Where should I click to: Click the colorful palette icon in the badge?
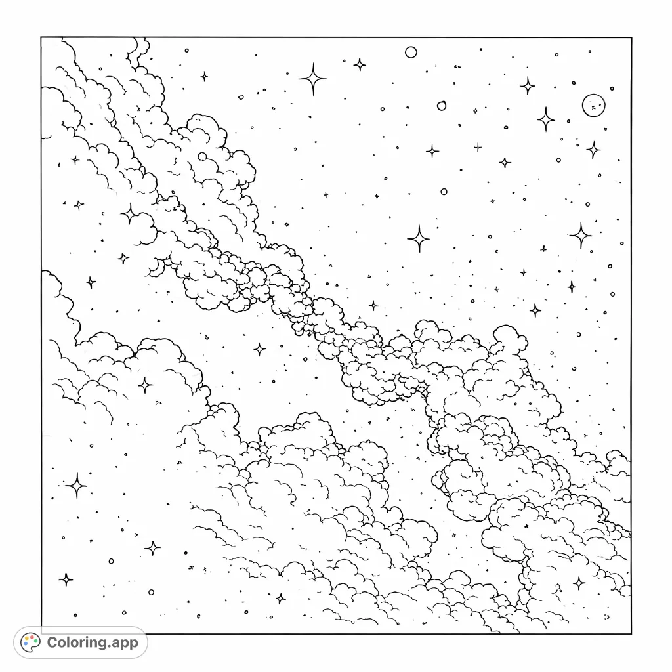click(x=31, y=642)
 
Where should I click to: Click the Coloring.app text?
click(x=93, y=642)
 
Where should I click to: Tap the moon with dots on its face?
click(x=594, y=105)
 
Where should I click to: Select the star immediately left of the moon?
click(x=545, y=119)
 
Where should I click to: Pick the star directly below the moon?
click(x=593, y=150)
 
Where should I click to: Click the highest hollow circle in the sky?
click(x=411, y=52)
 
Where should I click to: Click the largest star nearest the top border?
click(x=314, y=79)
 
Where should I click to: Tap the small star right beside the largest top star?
click(x=360, y=64)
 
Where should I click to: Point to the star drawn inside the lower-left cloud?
click(x=145, y=385)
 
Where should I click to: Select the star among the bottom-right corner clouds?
click(x=579, y=583)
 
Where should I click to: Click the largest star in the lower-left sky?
click(x=76, y=486)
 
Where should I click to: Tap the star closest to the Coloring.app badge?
click(x=66, y=579)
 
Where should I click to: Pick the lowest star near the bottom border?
click(x=281, y=598)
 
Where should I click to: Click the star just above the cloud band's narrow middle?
click(x=373, y=305)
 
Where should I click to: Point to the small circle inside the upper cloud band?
click(x=202, y=157)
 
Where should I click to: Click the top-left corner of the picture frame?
click(x=41, y=37)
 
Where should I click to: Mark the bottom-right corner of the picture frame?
click(x=631, y=633)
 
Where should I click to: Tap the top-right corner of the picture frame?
click(x=631, y=37)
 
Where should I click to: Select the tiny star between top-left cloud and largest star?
click(x=204, y=77)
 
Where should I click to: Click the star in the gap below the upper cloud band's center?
click(x=260, y=349)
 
